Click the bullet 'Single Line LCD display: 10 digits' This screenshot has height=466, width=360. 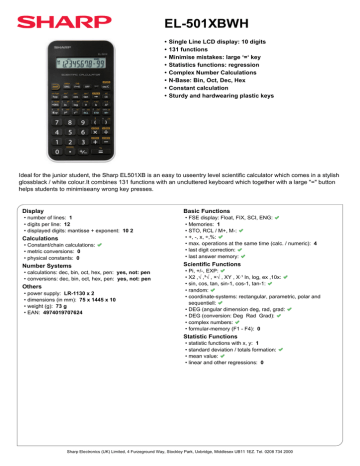[211, 48]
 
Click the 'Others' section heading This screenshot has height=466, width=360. [33, 287]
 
